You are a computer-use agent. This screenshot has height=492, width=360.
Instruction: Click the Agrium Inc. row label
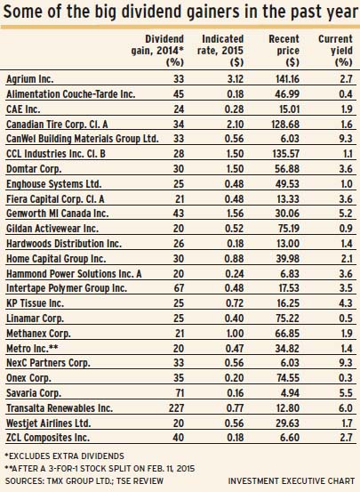point(30,79)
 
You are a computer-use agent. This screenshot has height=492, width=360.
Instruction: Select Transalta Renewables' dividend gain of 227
point(175,407)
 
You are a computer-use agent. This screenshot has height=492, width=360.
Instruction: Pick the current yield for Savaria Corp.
point(346,393)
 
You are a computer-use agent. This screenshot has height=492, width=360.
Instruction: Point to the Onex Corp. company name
point(28,378)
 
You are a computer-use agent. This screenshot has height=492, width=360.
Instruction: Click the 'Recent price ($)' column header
point(284,51)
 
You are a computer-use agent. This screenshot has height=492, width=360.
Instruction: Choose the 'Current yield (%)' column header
point(335,51)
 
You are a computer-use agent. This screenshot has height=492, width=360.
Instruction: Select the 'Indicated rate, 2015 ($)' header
point(220,51)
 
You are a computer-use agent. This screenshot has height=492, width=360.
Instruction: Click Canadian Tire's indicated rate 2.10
point(235,125)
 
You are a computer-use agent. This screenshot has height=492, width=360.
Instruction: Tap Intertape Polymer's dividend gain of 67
point(179,287)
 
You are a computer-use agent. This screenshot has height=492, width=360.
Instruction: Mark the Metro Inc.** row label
point(32,348)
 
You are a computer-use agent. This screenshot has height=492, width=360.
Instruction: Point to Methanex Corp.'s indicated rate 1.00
point(235,333)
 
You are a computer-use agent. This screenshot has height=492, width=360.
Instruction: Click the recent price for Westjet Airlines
point(287,423)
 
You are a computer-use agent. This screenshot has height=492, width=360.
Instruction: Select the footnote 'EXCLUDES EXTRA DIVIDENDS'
point(65,456)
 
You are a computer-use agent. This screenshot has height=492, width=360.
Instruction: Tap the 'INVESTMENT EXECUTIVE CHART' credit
point(292,480)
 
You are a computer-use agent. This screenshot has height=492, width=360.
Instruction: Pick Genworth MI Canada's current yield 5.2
point(346,214)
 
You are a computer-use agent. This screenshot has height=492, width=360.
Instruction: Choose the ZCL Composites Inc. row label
point(48,438)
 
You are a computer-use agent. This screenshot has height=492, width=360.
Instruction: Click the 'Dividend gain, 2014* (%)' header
point(157,51)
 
